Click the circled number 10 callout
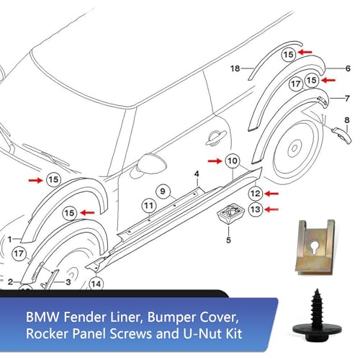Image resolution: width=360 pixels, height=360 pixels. [x=233, y=161]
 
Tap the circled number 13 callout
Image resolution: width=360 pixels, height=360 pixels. [x=256, y=210]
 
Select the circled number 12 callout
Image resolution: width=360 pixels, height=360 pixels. [x=256, y=194]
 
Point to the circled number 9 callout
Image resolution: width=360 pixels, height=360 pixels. [x=163, y=192]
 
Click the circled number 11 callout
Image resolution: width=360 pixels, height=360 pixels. [x=149, y=206]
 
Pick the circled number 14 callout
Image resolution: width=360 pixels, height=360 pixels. [x=96, y=284]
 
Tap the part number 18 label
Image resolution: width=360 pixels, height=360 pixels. [x=235, y=68]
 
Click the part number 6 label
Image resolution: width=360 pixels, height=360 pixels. [x=348, y=68]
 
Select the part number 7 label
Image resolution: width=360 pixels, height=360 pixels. [x=347, y=99]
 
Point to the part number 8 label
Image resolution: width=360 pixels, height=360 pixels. [x=347, y=120]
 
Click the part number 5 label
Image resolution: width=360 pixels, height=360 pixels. [x=228, y=240]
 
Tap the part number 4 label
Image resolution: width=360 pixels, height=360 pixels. [x=197, y=174]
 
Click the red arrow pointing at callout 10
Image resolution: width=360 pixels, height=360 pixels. [x=215, y=161]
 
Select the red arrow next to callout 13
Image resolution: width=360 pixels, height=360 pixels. [x=271, y=210]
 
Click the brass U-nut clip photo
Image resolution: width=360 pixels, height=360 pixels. [x=315, y=247]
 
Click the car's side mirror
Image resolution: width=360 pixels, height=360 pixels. [x=151, y=163]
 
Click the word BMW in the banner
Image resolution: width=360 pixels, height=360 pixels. [x=42, y=318]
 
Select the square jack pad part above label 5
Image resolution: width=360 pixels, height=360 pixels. [x=230, y=213]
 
